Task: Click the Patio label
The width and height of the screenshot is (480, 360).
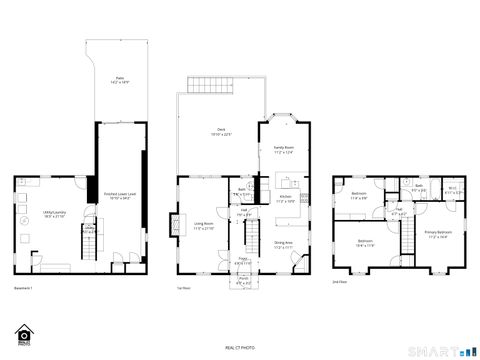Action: (119, 79)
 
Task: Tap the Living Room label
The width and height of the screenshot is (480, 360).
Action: (203, 225)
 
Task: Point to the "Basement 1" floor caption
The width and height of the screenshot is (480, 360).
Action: (24, 289)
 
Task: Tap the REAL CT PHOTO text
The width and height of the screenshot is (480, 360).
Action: (240, 346)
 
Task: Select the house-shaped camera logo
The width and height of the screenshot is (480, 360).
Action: (24, 332)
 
